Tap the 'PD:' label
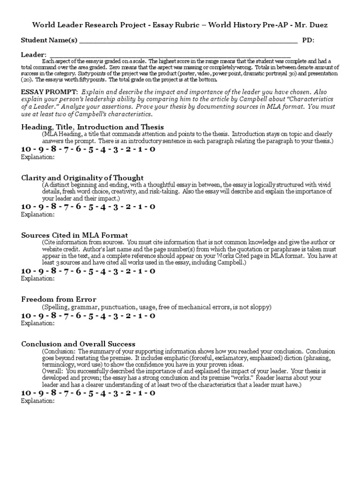pyautogui.click(x=308, y=40)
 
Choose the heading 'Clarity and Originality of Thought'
pyautogui.click(x=82, y=178)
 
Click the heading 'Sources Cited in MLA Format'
pyautogui.click(x=75, y=235)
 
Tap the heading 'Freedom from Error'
pyautogui.click(x=59, y=299)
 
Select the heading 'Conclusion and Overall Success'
pyautogui.click(x=78, y=344)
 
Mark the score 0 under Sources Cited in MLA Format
pyautogui.click(x=152, y=271)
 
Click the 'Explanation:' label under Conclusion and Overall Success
pyautogui.click(x=38, y=401)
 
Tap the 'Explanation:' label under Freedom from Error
pyautogui.click(x=38, y=323)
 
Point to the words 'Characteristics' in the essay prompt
pyautogui.click(x=307, y=100)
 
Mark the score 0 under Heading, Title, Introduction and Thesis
pyautogui.click(x=152, y=149)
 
